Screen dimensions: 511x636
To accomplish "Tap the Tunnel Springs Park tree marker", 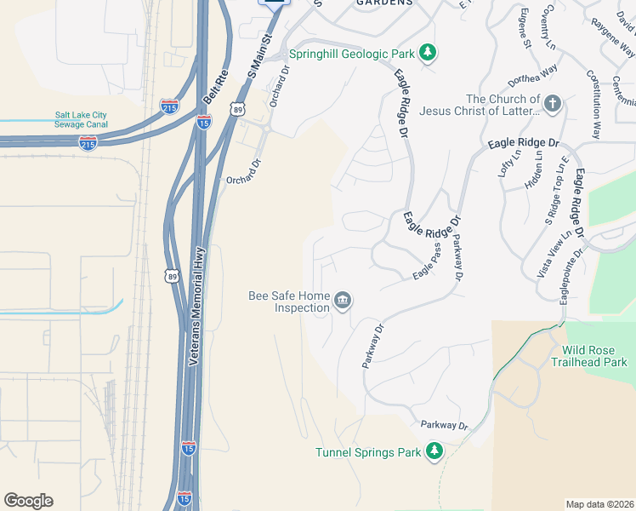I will point(434,451).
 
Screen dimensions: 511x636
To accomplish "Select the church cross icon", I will point(552,105).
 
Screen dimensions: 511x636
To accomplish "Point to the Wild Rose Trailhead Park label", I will point(594,356).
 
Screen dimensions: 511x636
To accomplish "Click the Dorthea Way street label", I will point(534,76).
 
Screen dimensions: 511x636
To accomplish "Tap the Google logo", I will point(28,501).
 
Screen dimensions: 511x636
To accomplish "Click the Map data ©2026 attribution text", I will point(599,504).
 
